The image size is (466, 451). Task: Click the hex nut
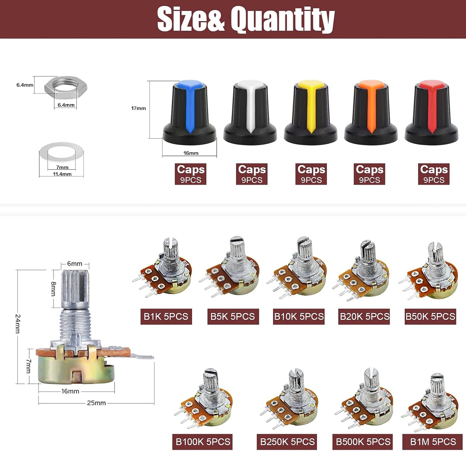66,87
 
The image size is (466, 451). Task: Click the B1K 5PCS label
166,316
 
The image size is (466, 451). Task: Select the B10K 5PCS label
299,316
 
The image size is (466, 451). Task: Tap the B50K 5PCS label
430,316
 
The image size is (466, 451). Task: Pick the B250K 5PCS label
287,442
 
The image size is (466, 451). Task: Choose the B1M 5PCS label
433,442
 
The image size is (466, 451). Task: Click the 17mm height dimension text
138,108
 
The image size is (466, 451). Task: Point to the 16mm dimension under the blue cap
191,153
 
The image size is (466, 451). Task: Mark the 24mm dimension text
18,324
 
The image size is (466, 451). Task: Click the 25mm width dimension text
96,403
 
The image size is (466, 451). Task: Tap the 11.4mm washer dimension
62,174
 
